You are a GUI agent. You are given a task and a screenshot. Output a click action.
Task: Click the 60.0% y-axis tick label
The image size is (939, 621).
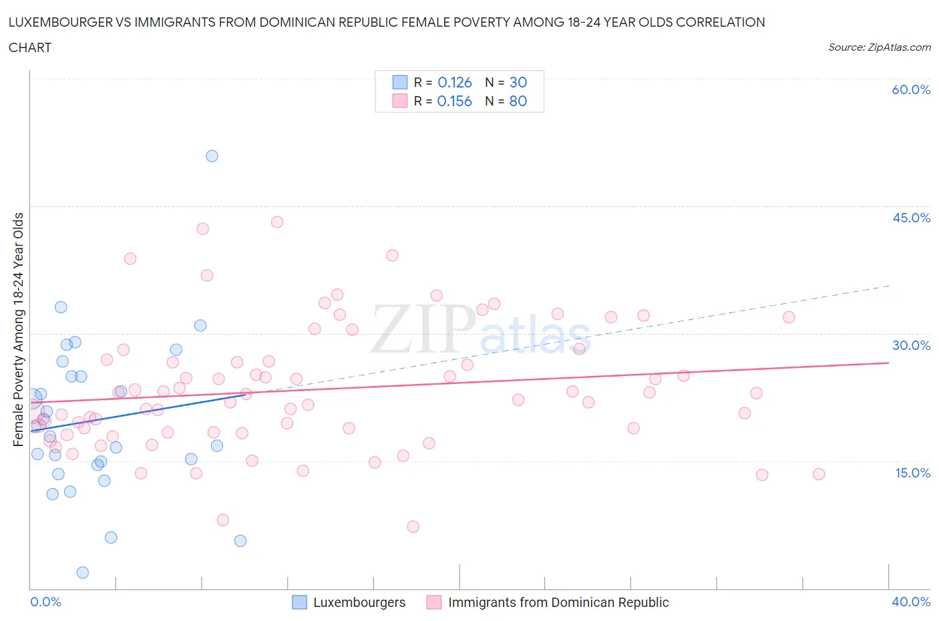coord(911,89)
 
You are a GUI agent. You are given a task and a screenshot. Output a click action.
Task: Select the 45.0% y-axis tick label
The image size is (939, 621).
coord(911,218)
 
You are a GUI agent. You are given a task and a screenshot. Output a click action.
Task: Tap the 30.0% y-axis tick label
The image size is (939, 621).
coord(911,345)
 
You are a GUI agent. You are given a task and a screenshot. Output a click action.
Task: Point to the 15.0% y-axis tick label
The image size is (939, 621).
coord(911,473)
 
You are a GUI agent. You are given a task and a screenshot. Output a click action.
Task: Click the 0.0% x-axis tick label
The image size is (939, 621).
coord(45,602)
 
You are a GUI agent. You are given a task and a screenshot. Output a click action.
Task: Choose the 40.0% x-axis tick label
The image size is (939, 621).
coord(911,602)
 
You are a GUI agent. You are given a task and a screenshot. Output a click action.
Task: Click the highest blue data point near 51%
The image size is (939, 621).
coord(212,156)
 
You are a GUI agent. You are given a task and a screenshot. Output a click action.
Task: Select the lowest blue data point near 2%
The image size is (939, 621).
coord(83,572)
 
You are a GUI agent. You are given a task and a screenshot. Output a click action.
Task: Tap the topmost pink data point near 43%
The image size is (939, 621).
coord(277,222)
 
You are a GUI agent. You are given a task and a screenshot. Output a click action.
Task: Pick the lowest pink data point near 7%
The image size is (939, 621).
coord(413,527)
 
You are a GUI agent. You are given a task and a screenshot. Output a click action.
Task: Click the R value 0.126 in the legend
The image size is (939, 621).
coord(455,82)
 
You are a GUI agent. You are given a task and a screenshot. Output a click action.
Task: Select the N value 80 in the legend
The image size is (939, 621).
coord(518,101)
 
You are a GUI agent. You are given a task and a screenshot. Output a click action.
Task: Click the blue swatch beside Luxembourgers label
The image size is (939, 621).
coord(300,602)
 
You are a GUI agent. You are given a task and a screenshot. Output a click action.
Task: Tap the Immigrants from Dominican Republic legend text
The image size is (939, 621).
coord(558,602)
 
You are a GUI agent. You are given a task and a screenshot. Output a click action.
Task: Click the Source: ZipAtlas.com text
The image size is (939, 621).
coord(879,47)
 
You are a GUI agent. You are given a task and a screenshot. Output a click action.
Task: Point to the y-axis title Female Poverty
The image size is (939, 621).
coord(18,329)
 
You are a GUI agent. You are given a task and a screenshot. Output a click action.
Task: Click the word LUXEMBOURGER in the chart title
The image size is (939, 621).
coord(56,22)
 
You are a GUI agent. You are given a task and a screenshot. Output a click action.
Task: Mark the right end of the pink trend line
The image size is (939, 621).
coord(888,363)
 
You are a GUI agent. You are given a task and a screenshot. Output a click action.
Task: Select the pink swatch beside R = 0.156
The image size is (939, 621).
coord(399,101)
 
